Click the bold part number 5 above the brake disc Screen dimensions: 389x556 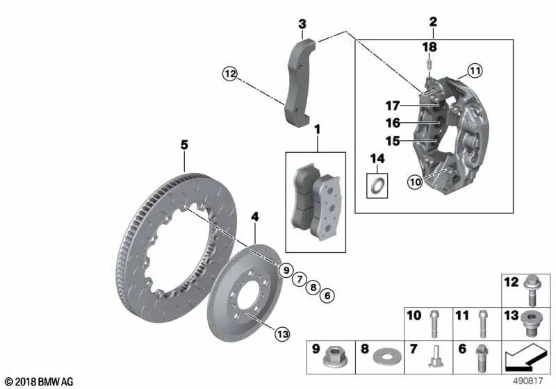[184, 144]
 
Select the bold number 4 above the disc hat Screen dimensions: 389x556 [255, 217]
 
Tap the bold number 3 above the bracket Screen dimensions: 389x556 [302, 25]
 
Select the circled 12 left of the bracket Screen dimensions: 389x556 [230, 73]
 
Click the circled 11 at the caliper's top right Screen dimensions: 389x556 [474, 70]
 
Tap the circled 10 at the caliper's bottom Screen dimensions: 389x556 [415, 183]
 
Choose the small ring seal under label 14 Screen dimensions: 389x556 [377, 185]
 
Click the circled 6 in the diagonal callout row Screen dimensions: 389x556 [328, 297]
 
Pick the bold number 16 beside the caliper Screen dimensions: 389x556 [393, 123]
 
